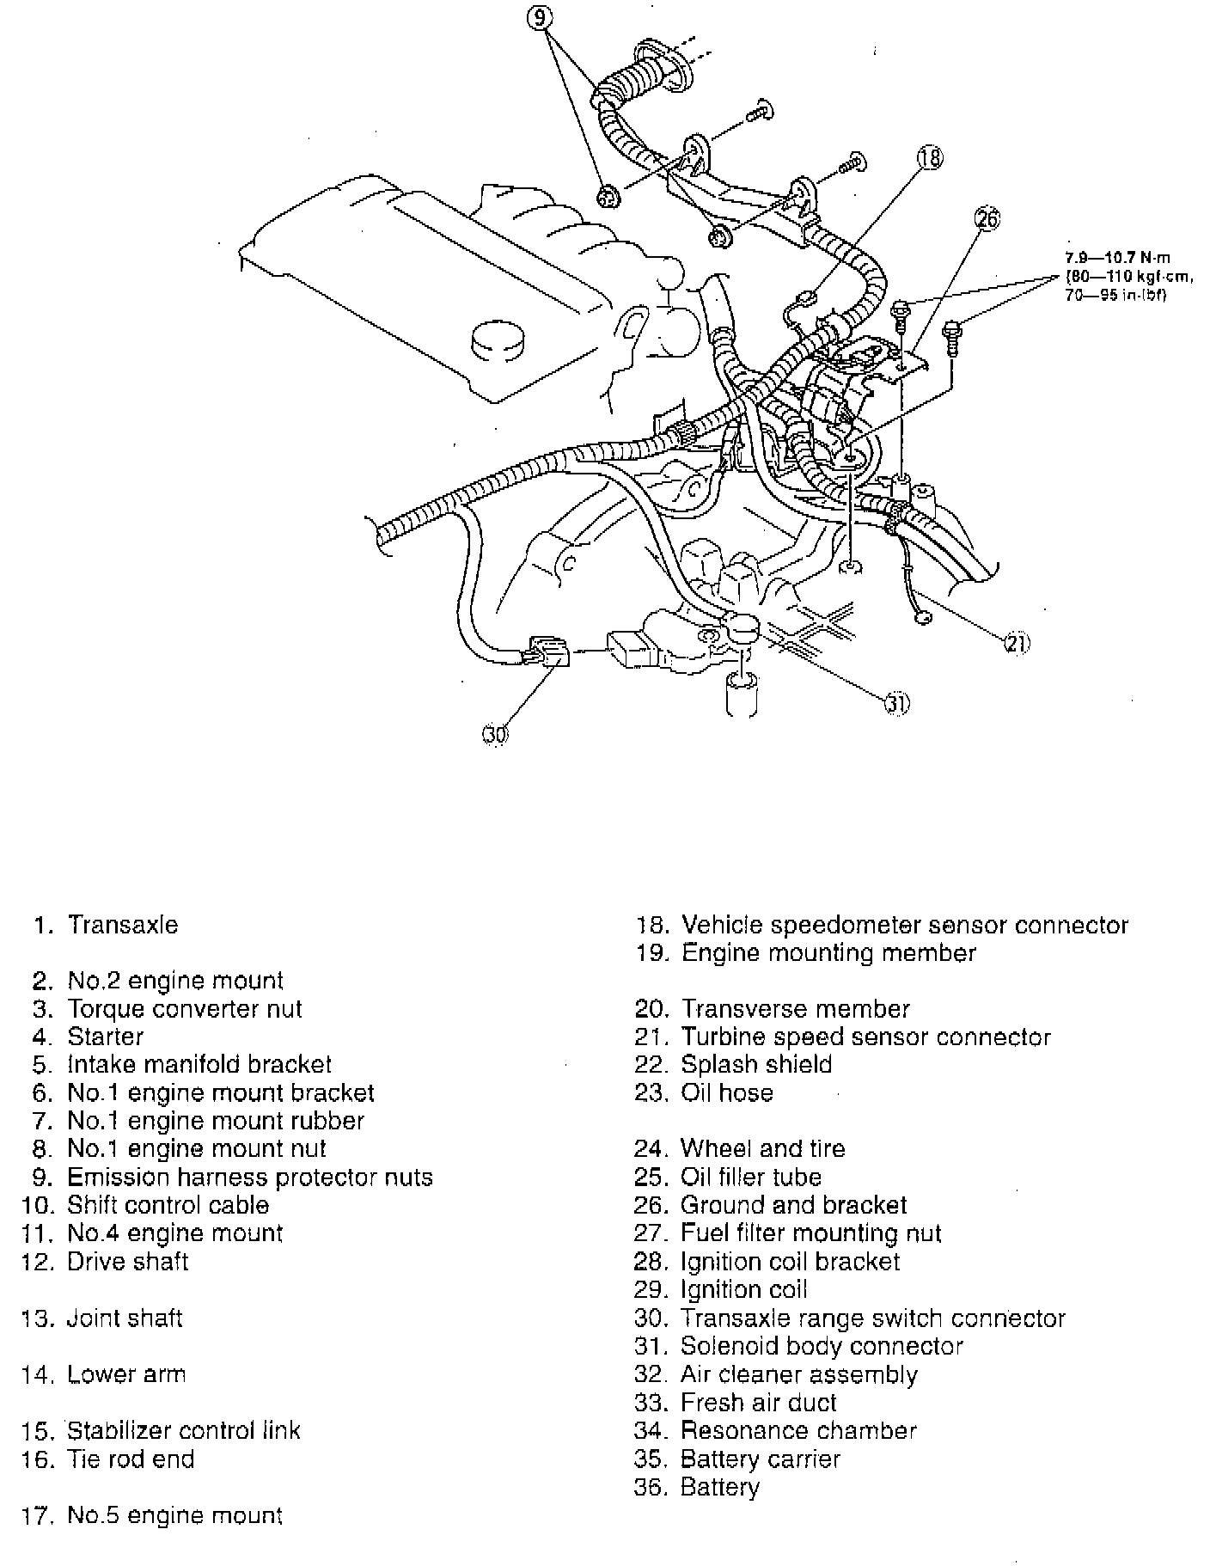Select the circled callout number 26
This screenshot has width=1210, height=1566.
(x=987, y=220)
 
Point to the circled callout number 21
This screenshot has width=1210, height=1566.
(x=1017, y=642)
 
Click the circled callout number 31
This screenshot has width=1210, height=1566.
(x=897, y=702)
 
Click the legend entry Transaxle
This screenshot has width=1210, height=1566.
(x=123, y=925)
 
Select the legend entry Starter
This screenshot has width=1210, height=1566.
(x=105, y=1037)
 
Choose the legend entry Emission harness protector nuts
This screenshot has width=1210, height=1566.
(x=249, y=1177)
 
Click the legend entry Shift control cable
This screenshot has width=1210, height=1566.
(x=168, y=1205)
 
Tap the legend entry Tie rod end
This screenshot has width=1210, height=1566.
(x=131, y=1459)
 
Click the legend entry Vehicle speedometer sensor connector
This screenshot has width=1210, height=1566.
(x=904, y=925)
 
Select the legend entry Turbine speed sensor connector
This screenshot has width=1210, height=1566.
(x=865, y=1037)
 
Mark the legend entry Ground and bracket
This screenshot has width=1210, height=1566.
(x=793, y=1205)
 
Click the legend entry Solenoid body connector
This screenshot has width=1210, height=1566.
(x=822, y=1346)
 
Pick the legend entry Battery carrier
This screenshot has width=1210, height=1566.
(x=760, y=1459)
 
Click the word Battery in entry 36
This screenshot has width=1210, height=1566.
(x=720, y=1487)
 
